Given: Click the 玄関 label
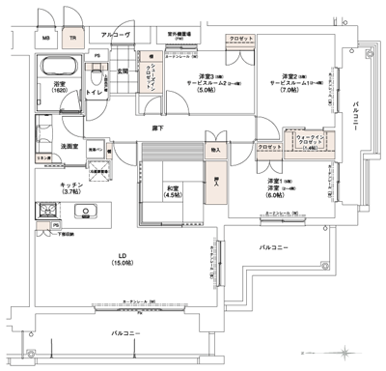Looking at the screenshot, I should pos(123,70).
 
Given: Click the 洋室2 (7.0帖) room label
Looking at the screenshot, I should pos(287,82).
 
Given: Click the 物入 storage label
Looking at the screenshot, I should pos(215,151).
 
